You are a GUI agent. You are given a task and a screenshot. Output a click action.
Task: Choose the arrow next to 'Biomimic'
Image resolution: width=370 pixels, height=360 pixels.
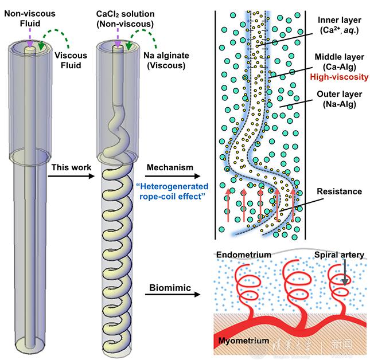click(x=170, y=295)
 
